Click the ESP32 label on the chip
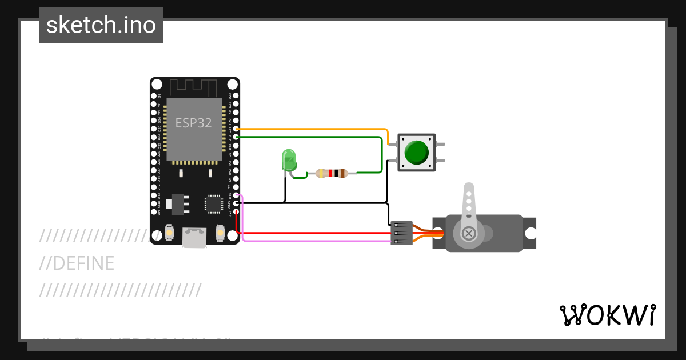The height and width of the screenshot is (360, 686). point(193,123)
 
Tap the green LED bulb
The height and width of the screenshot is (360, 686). point(289,159)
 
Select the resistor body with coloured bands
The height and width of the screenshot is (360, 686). point(332,173)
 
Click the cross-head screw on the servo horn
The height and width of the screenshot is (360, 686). point(469,233)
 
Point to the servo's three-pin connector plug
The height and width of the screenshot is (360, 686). point(401,233)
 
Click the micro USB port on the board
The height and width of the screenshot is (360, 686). point(194,238)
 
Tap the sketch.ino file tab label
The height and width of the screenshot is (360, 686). point(101,25)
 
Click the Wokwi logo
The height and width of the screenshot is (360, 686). point(607,315)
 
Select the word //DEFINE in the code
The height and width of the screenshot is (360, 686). point(77,263)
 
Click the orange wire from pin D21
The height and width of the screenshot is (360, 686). point(314,130)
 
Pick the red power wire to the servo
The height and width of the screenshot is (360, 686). point(314,233)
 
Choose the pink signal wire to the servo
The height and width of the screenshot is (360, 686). point(314,241)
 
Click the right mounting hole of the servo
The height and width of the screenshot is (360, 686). point(531,233)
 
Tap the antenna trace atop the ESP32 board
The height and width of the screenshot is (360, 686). point(194,88)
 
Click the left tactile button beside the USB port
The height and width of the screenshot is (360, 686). point(169,233)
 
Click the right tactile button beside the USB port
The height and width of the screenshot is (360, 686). point(220,233)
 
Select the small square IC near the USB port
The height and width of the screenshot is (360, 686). point(214,203)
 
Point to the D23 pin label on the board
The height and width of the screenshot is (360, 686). point(230,96)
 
